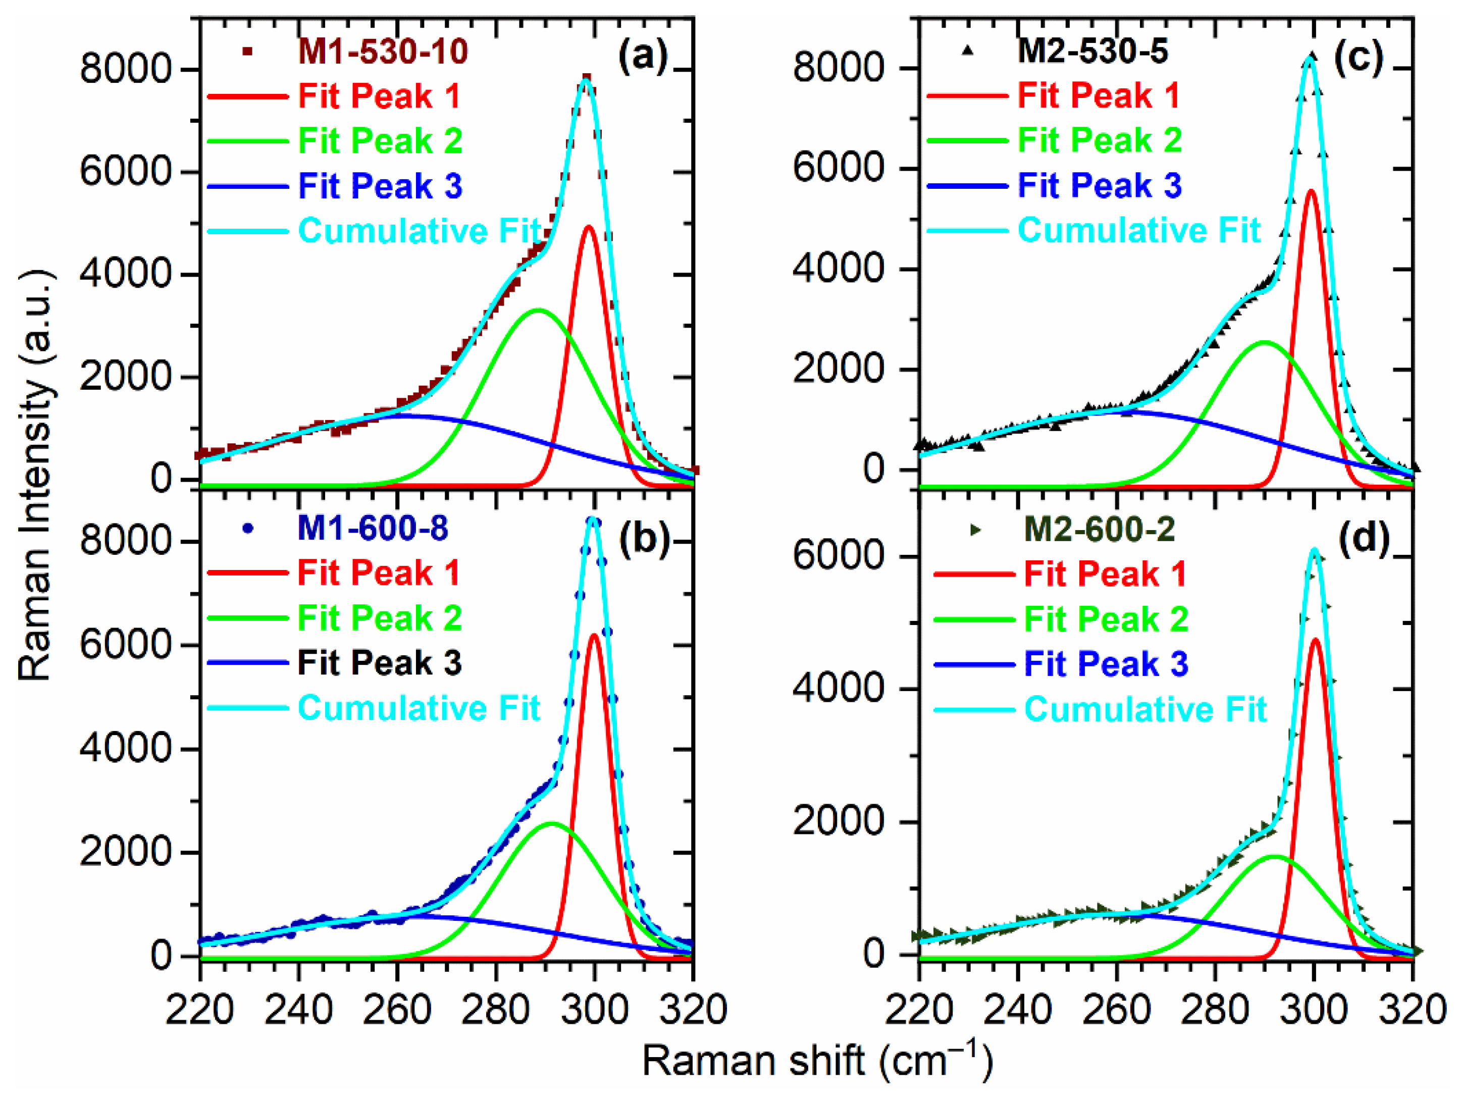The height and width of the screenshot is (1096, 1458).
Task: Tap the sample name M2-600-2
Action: click(x=1100, y=529)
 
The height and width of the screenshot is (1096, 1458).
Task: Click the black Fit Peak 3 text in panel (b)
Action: click(x=380, y=662)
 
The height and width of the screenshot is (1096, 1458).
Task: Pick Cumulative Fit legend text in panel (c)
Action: click(x=1139, y=230)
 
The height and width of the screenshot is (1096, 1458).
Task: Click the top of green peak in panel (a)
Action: click(x=539, y=309)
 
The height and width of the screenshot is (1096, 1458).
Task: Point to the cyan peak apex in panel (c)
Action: click(x=1311, y=58)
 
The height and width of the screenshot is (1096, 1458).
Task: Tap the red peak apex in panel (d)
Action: click(x=1316, y=639)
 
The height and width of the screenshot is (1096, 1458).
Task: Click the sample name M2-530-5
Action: click(x=1093, y=51)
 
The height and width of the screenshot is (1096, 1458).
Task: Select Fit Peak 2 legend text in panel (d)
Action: click(x=1106, y=619)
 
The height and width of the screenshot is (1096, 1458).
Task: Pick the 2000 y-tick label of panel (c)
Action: click(x=837, y=369)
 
